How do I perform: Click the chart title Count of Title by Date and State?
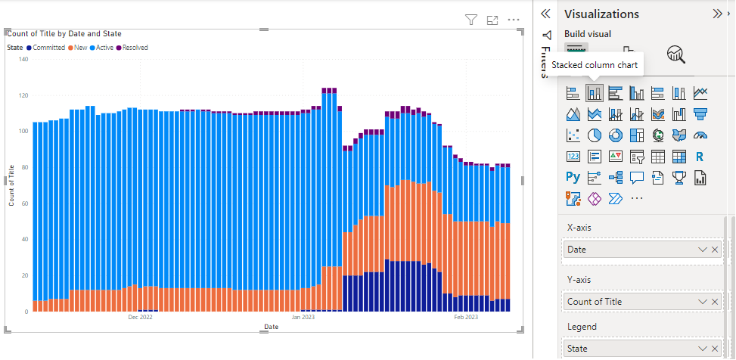click(64, 33)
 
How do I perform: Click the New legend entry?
click(79, 48)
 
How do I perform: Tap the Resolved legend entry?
click(135, 48)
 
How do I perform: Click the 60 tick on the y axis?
click(24, 203)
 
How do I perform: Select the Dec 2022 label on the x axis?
click(140, 318)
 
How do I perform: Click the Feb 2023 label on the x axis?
click(465, 318)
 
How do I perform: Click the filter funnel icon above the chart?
click(471, 20)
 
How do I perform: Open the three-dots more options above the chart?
click(514, 20)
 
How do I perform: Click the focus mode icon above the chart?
click(492, 20)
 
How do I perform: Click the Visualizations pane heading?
click(601, 14)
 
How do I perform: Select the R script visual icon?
click(700, 157)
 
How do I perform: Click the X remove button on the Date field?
click(715, 250)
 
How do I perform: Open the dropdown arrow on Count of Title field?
click(703, 302)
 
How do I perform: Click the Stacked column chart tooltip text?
click(594, 65)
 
